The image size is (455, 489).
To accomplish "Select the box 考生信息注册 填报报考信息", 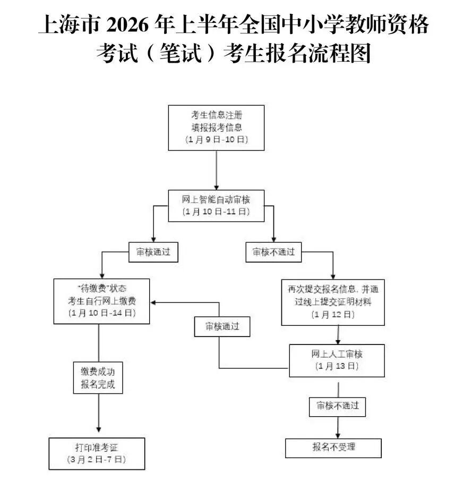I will pyautogui.click(x=216, y=128).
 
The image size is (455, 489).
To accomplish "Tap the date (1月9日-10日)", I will pyautogui.click(x=217, y=140).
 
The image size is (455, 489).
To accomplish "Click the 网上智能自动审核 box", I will pyautogui.click(x=216, y=205).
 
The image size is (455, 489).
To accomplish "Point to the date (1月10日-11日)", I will pyautogui.click(x=216, y=212).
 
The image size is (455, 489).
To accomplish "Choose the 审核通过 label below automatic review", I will pyautogui.click(x=153, y=252).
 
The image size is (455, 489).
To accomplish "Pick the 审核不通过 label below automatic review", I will pyautogui.click(x=273, y=252).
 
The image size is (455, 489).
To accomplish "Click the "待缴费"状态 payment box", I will pyautogui.click(x=101, y=301).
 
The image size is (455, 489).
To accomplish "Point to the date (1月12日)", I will pyautogui.click(x=333, y=315).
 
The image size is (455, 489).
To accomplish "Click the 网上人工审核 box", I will pyautogui.click(x=337, y=360).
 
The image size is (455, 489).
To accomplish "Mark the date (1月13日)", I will pyautogui.click(x=337, y=366).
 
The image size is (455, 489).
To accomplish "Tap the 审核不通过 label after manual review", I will pyautogui.click(x=338, y=406).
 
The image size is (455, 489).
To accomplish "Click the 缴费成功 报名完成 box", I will pyautogui.click(x=98, y=377).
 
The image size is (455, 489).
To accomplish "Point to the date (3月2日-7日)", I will pyautogui.click(x=97, y=459).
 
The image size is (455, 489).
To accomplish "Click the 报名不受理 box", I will pyautogui.click(x=333, y=448).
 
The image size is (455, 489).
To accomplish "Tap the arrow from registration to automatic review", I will pyautogui.click(x=217, y=170).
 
